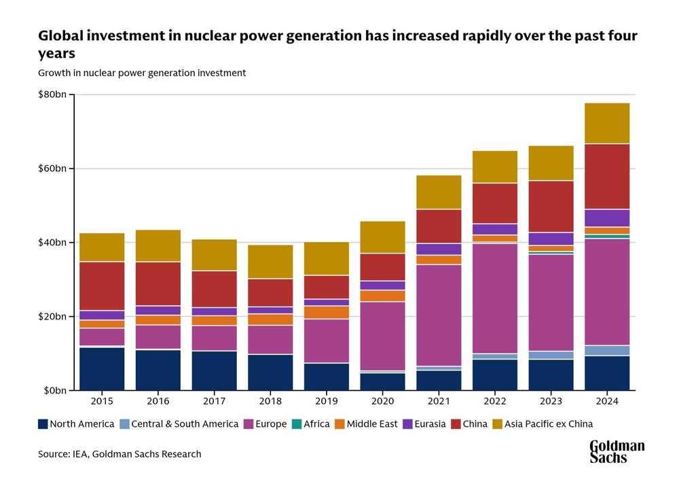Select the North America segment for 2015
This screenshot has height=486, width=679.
point(102,368)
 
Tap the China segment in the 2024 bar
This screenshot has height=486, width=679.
point(607,176)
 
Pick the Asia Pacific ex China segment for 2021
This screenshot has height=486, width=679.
point(438,192)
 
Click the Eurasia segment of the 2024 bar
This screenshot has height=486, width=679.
point(607,218)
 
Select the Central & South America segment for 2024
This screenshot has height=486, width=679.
point(607,350)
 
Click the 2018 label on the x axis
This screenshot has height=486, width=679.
point(270,402)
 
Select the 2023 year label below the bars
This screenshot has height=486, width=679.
point(551,402)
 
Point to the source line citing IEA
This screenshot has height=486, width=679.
point(120,454)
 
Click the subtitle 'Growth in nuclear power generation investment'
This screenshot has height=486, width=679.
point(142,73)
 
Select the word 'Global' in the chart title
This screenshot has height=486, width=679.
point(58,35)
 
